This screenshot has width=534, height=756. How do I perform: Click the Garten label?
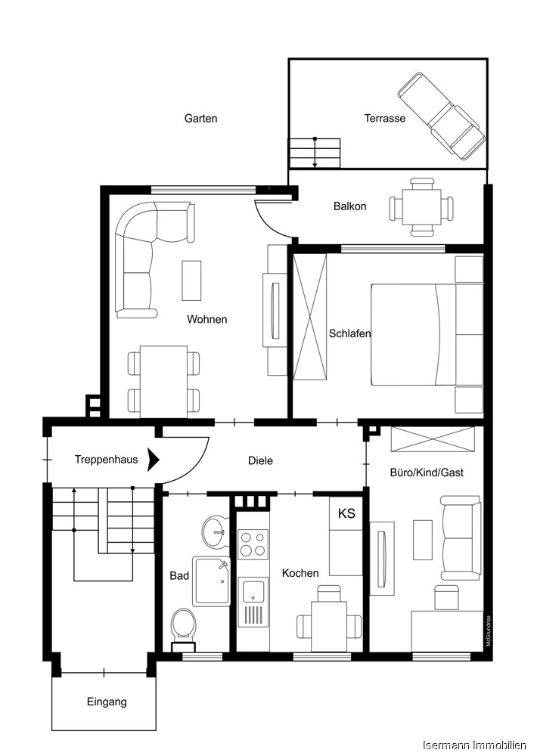pyautogui.click(x=200, y=119)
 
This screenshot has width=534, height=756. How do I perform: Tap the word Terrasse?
pyautogui.click(x=384, y=119)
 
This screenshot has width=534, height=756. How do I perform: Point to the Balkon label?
pyautogui.click(x=349, y=206)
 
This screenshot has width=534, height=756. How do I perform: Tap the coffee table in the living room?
pyautogui.click(x=191, y=280)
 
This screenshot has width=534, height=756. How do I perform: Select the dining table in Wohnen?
pyautogui.click(x=164, y=381)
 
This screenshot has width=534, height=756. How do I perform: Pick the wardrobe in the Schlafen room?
pyautogui.click(x=310, y=315)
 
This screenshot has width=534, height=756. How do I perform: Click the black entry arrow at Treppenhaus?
pyautogui.click(x=154, y=459)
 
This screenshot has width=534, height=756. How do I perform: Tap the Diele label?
pyautogui.click(x=260, y=460)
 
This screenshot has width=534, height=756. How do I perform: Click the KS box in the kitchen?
pyautogui.click(x=346, y=514)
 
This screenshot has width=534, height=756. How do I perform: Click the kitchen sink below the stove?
pyautogui.click(x=253, y=601)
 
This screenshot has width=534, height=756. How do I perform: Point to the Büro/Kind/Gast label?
pyautogui.click(x=427, y=472)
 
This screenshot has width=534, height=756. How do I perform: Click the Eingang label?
pyautogui.click(x=107, y=702)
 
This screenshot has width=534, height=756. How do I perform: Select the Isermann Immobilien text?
pyautogui.click(x=473, y=745)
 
